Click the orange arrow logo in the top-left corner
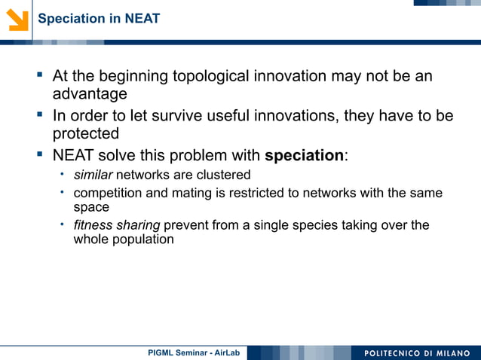pos(17,19)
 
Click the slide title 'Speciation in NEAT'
pos(99,19)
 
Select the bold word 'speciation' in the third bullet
pos(304,156)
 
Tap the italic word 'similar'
pos(92,175)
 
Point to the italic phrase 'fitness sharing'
pos(116,225)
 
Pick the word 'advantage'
pos(89,95)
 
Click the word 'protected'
pos(85,134)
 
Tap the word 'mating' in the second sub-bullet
pos(190,194)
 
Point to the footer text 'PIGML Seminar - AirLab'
pos(193,352)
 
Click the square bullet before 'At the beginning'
pos(38,76)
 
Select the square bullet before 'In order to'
pos(38,116)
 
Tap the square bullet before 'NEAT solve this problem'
pos(38,156)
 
